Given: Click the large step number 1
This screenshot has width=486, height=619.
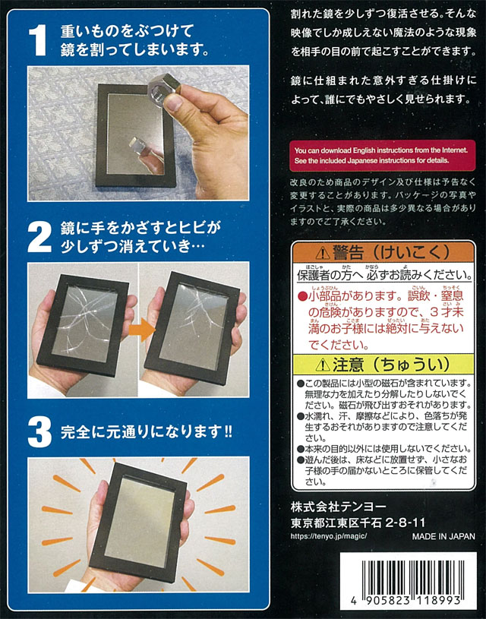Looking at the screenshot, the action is click(x=38, y=39).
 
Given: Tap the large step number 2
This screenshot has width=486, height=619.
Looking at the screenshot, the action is click(x=39, y=236).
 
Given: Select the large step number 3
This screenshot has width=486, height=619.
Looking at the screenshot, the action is click(x=39, y=432).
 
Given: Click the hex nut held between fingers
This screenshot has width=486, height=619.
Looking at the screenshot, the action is click(x=163, y=90).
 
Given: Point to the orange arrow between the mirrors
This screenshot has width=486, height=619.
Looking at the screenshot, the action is click(x=142, y=330).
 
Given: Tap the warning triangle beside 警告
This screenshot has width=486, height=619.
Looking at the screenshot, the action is click(x=323, y=253).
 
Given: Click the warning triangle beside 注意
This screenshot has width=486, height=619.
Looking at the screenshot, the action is click(x=323, y=365).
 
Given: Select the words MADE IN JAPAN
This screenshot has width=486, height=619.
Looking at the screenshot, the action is click(x=443, y=536).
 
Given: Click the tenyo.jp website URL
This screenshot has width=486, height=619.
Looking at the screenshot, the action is click(x=329, y=535).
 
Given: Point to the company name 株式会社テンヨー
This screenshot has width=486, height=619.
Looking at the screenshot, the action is click(x=339, y=507).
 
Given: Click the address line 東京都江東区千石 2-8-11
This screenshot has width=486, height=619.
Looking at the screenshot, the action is click(x=358, y=523).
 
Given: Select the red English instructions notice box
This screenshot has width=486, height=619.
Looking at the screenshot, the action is click(x=382, y=156).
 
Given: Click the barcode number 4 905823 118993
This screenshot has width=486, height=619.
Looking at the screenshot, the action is click(x=406, y=601).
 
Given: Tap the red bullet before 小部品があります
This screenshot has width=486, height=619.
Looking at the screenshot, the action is click(x=302, y=296).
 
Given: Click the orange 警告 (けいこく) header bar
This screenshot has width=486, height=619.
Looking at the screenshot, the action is click(x=383, y=253).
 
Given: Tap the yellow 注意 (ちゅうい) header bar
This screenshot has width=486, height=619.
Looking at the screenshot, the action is click(x=383, y=365).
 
